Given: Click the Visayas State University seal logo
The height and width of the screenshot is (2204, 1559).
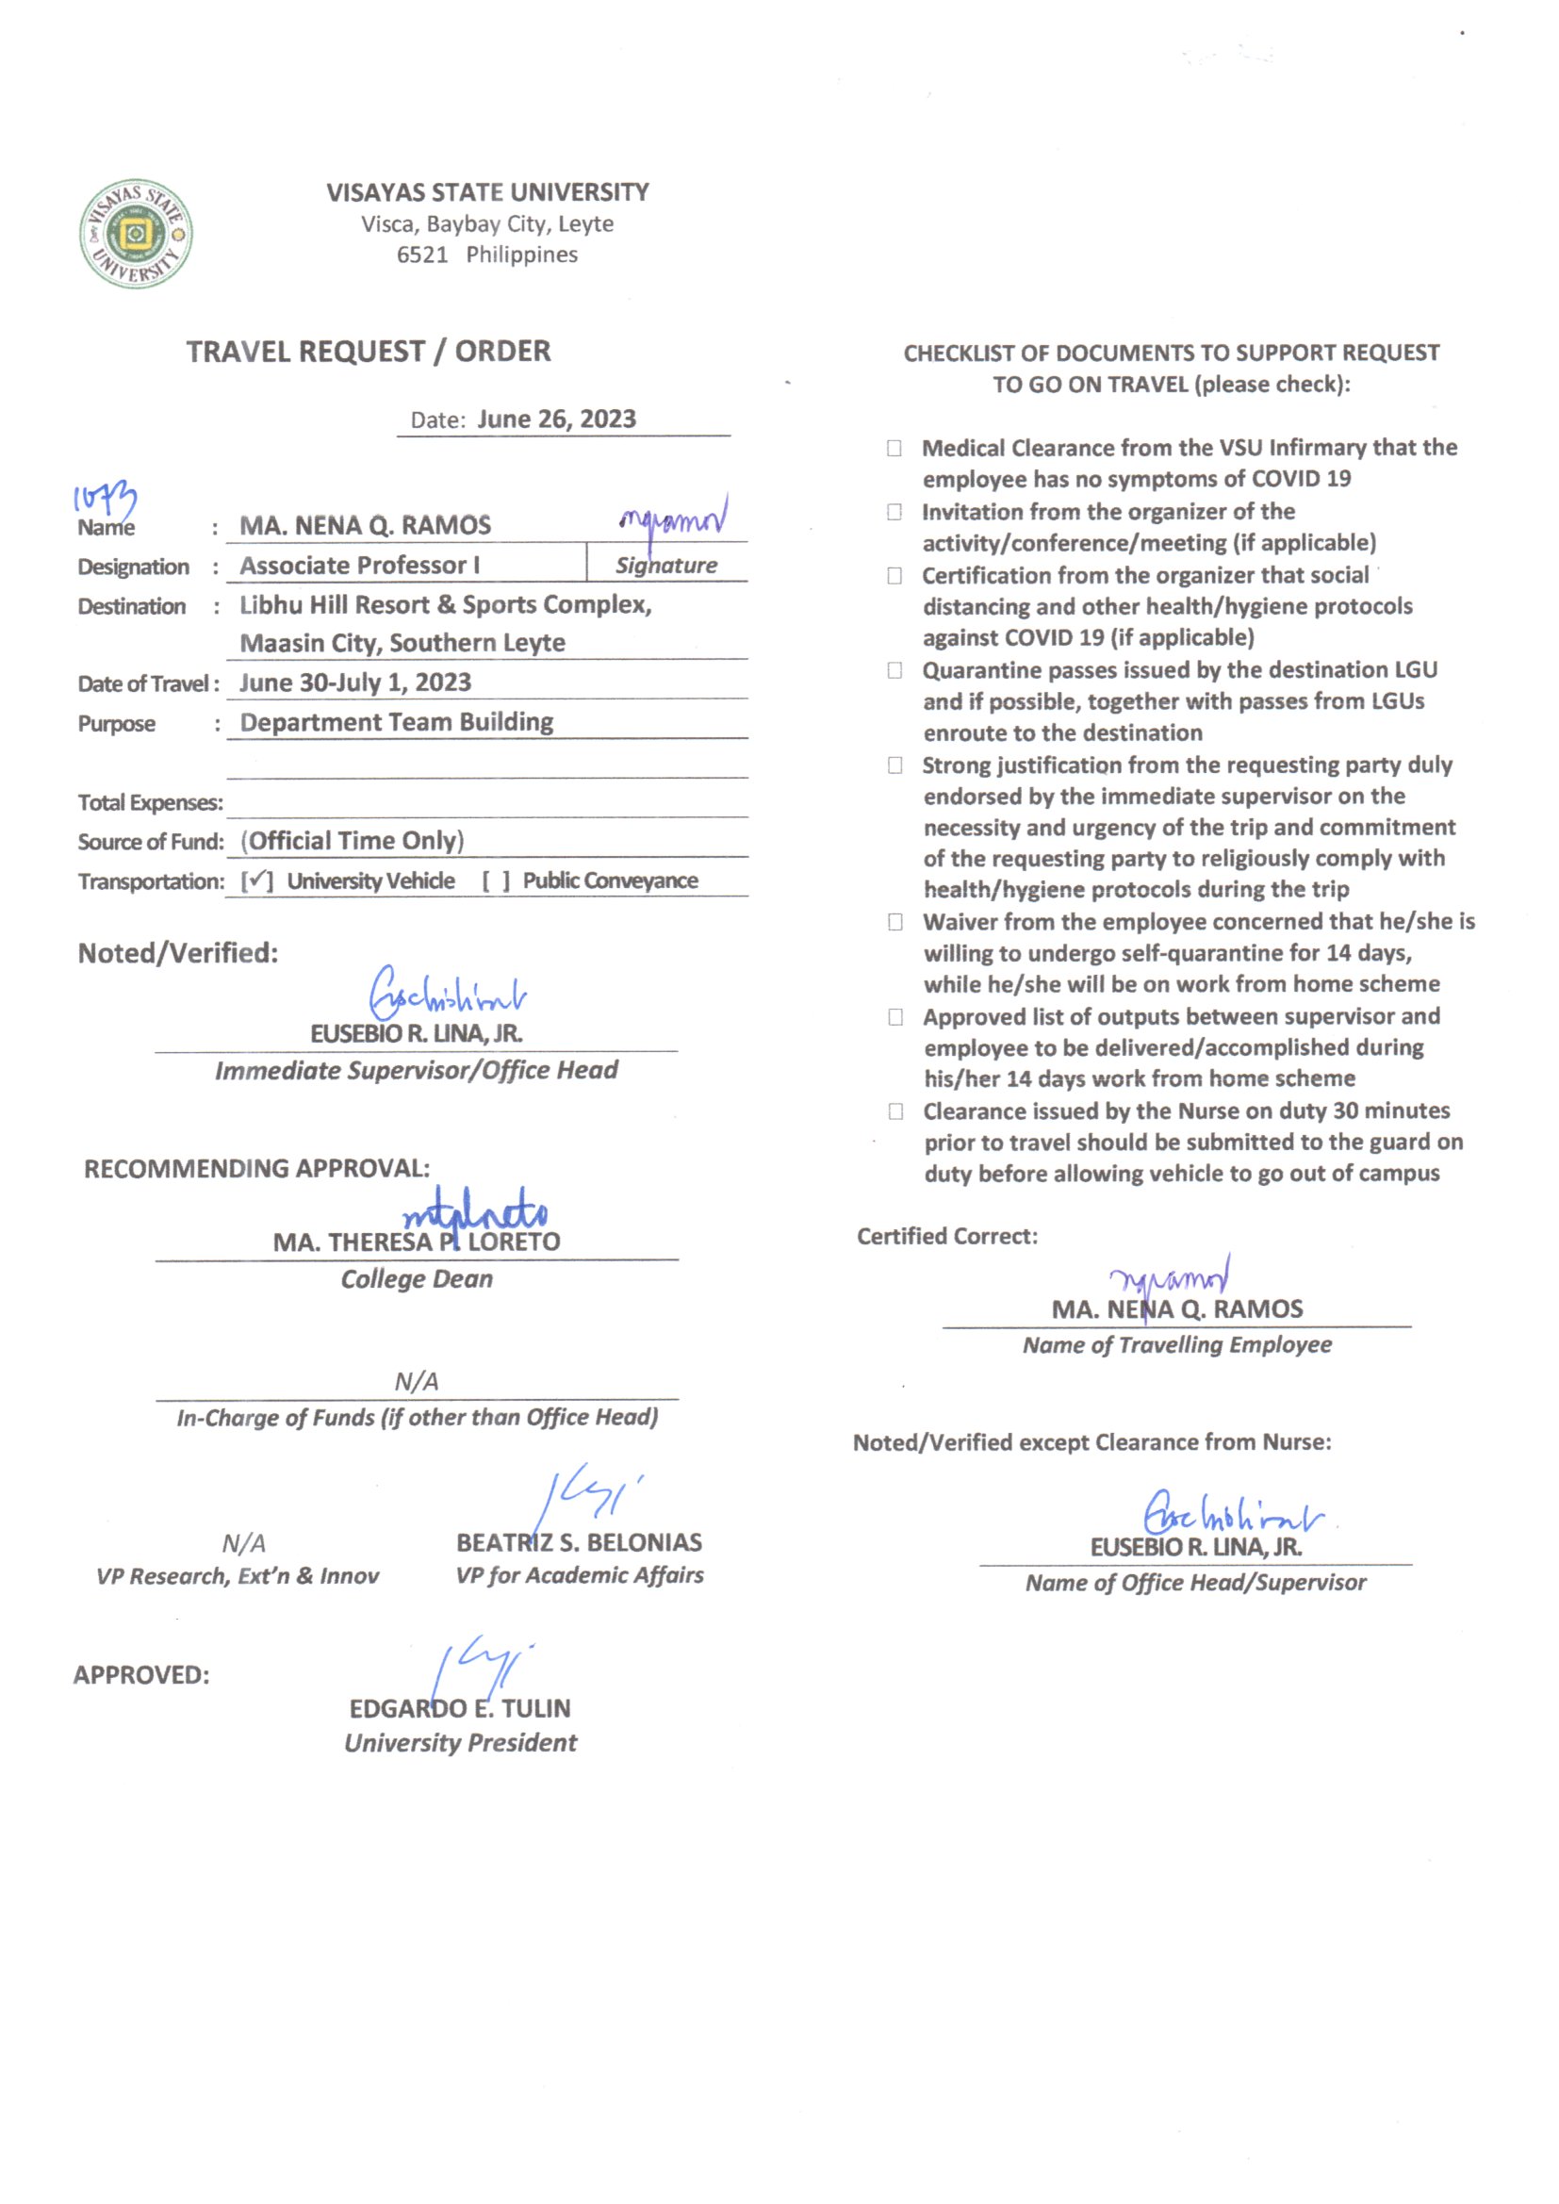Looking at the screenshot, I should (136, 233).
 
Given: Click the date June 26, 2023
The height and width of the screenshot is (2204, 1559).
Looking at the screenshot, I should (556, 419).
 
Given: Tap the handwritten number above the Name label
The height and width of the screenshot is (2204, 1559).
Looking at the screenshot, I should (105, 500).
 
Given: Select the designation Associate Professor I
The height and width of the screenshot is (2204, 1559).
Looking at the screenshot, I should (359, 566).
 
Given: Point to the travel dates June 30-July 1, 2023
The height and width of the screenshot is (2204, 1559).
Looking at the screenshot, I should (355, 683).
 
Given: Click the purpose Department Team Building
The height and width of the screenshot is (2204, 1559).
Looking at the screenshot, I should (397, 722).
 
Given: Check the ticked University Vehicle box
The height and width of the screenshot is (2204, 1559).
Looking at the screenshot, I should (256, 880).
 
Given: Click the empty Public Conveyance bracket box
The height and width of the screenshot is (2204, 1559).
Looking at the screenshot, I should (496, 880).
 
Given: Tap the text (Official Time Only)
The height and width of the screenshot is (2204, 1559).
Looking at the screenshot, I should (353, 841).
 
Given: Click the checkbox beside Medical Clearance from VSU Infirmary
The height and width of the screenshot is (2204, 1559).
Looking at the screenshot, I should (894, 449).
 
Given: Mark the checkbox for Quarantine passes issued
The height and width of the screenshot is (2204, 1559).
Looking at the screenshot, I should (894, 670).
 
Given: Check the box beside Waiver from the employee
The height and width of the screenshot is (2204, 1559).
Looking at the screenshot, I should (894, 922).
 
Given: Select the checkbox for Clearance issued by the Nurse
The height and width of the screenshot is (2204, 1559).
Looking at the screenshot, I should (895, 1110).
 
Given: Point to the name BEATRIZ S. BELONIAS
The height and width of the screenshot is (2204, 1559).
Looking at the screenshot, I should (579, 1542).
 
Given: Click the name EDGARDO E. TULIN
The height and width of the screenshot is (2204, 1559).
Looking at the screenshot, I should (460, 1709).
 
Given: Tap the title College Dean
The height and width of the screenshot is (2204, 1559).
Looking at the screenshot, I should (417, 1278).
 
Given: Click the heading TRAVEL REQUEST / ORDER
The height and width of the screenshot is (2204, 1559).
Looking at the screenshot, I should (369, 352).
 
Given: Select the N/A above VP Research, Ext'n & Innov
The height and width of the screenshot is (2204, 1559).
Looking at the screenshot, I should (244, 1543).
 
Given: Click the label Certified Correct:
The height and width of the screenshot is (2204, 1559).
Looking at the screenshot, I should (946, 1237).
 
